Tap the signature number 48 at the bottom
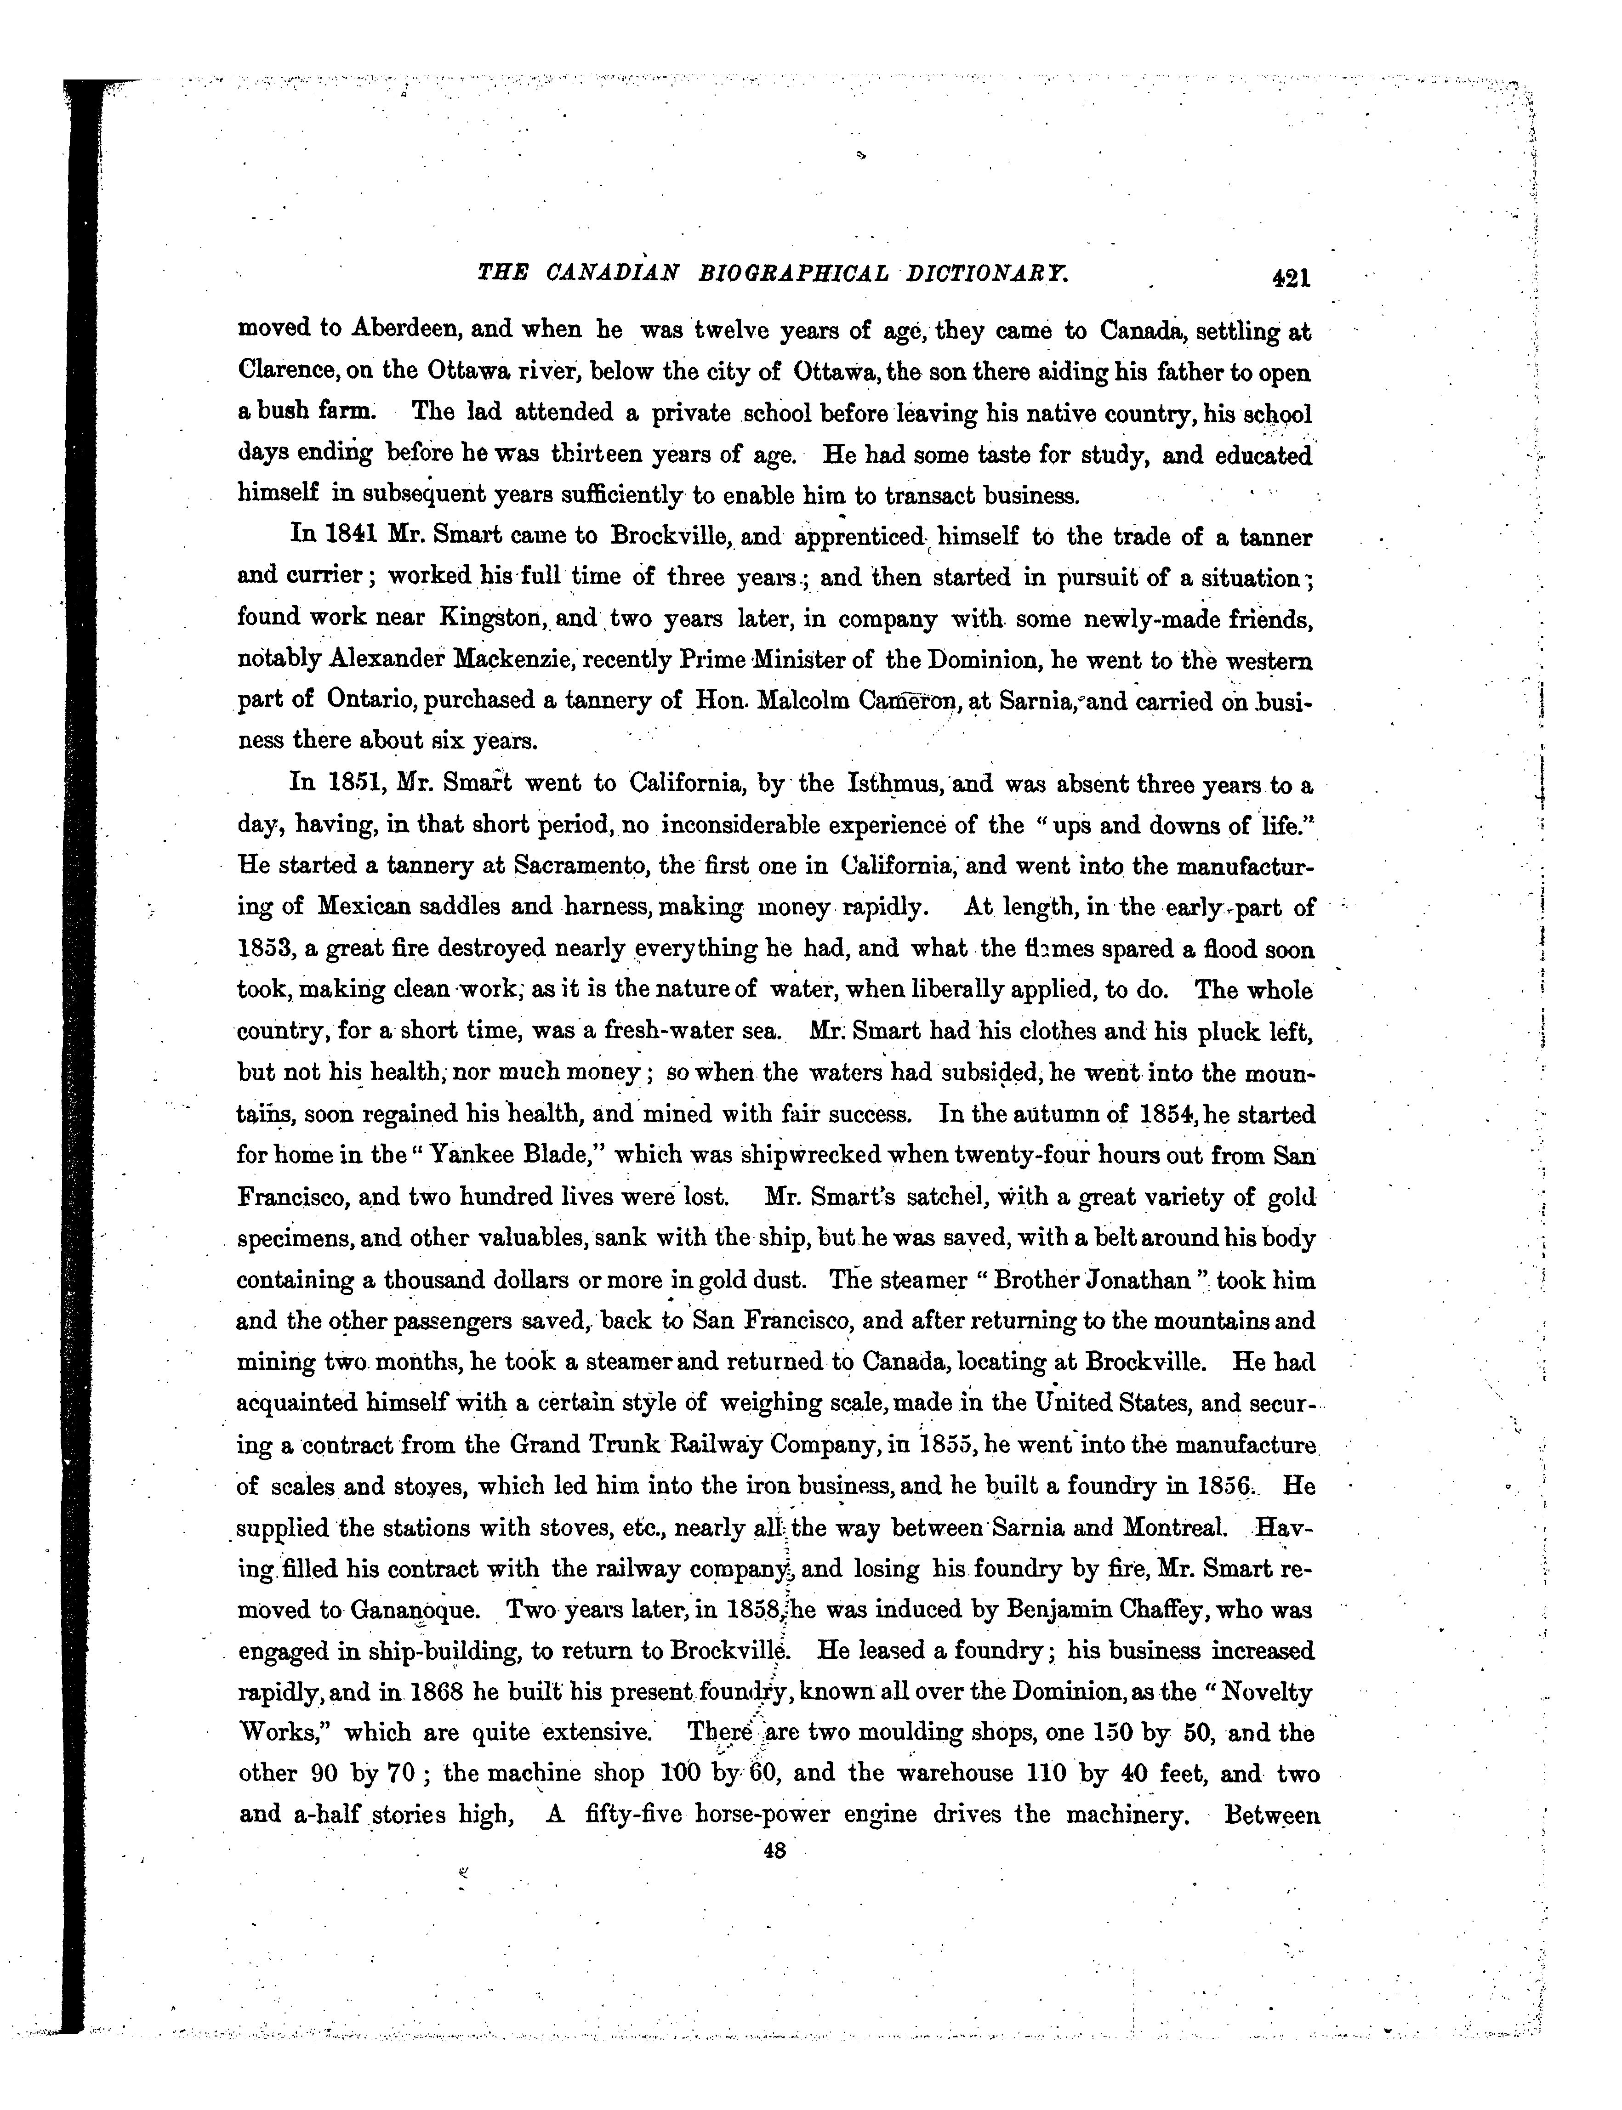pos(774,1850)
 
